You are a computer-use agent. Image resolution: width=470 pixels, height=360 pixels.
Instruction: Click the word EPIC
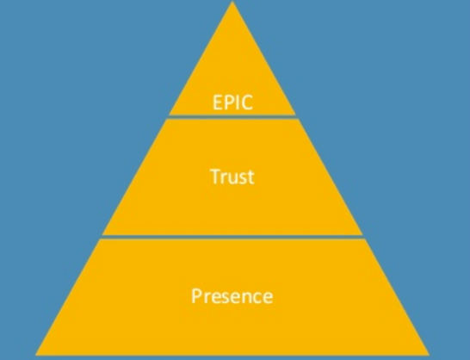[232, 103]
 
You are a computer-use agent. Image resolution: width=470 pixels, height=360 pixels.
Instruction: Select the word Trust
[232, 177]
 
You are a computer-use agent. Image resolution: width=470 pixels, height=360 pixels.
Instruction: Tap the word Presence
[232, 297]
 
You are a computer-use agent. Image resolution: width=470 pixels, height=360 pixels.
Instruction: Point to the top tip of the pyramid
[232, 3]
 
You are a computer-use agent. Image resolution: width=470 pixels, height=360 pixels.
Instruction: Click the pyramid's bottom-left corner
[36, 355]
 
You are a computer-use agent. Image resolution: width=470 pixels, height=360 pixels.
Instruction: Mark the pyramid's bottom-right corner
[429, 355]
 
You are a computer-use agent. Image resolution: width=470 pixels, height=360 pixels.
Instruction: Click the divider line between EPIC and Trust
[232, 117]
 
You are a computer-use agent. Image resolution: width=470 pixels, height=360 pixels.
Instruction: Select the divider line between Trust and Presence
[232, 236]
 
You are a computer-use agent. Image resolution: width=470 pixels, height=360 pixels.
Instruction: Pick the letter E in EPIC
[217, 103]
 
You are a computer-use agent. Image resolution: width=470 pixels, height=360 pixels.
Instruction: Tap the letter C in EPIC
[249, 103]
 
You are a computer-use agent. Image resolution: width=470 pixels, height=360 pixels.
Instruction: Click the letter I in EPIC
[238, 103]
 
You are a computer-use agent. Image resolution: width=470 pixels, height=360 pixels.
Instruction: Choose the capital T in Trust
[215, 177]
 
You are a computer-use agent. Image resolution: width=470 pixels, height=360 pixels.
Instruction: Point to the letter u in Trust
[231, 178]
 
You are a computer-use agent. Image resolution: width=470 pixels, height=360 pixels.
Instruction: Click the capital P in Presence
[195, 297]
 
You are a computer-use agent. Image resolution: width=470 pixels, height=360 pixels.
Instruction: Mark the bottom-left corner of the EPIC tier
[170, 115]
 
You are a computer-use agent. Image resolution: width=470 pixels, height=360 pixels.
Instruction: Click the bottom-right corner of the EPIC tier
[295, 115]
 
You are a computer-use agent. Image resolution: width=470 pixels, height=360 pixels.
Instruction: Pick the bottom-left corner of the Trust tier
[103, 233]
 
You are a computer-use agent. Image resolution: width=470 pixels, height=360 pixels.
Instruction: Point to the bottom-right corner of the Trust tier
[362, 233]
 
